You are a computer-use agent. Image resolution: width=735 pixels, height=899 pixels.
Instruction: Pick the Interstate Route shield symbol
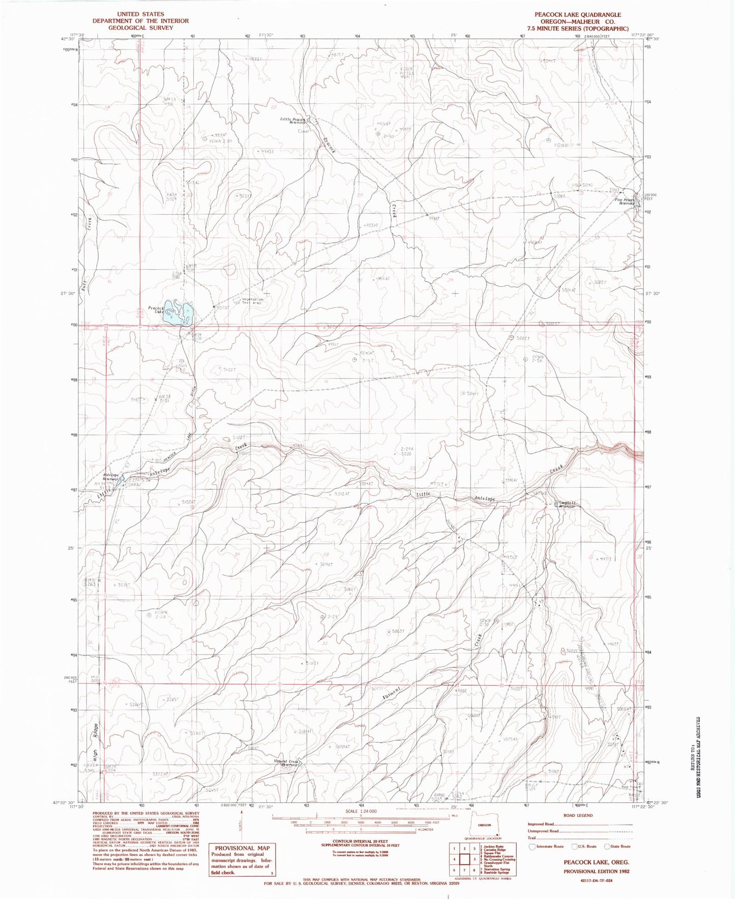pos(533,847)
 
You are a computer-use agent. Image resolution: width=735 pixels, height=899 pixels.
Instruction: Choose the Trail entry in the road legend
pos(532,837)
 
